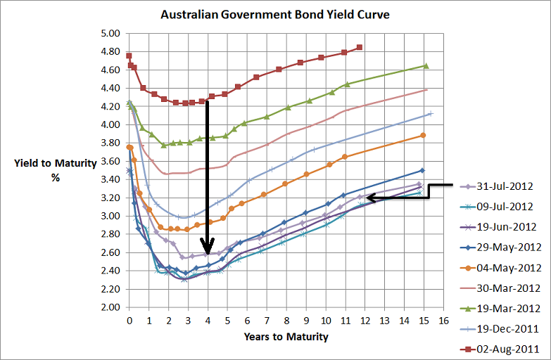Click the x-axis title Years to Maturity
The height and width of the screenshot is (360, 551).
pyautogui.click(x=286, y=337)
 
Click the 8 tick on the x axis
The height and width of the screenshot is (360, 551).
pyautogui.click(x=286, y=320)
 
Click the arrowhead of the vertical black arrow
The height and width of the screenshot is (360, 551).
pyautogui.click(x=207, y=250)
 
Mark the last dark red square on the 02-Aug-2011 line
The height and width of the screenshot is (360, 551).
pyautogui.click(x=360, y=47)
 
